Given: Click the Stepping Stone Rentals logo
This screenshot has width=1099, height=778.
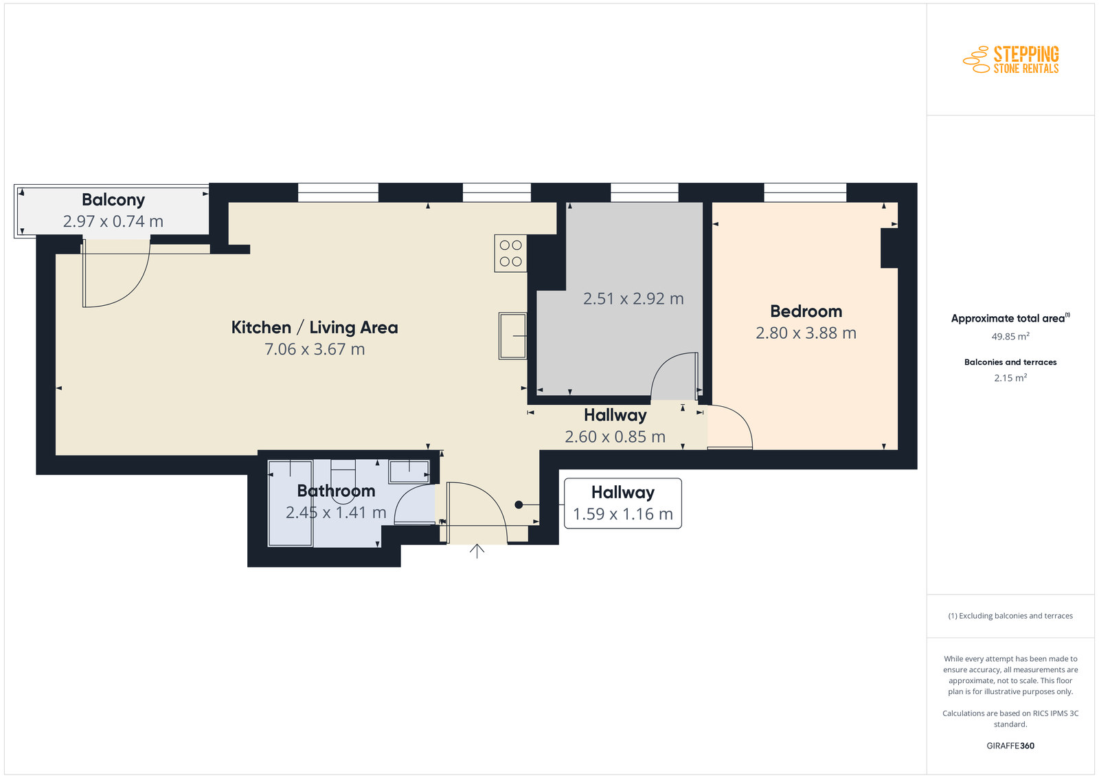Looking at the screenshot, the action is [x=1010, y=60].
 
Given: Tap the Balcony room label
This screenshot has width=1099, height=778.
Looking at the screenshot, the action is [x=113, y=200].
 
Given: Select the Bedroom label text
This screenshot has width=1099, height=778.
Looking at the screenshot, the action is [x=806, y=311].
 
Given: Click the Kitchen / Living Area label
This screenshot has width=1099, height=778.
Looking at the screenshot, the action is [x=315, y=327].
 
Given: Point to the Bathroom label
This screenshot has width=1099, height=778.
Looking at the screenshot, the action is [x=336, y=491].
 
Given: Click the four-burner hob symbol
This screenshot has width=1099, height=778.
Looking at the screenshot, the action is [x=511, y=254].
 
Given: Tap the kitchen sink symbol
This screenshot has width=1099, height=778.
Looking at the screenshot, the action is [x=512, y=336].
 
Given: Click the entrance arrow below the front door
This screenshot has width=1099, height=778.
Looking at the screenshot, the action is [x=477, y=551].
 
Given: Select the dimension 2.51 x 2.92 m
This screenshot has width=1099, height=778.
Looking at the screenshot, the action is [x=633, y=298].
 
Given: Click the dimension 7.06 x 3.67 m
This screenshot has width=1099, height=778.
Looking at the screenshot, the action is [x=315, y=349].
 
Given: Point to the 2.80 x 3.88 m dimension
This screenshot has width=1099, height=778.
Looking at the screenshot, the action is [x=806, y=333].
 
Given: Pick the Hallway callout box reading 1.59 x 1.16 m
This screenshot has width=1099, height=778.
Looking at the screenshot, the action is [x=622, y=503].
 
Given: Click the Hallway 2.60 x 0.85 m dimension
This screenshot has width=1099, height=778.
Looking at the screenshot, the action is [x=615, y=436].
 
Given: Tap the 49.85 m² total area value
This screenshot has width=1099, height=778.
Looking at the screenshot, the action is [x=1010, y=336].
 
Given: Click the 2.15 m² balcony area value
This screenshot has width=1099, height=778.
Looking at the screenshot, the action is [x=1010, y=377].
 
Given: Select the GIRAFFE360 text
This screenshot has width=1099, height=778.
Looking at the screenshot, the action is [x=1010, y=746].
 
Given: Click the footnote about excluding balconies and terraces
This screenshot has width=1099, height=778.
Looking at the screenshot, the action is [x=1010, y=616].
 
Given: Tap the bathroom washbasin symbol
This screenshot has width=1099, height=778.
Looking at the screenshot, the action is [x=409, y=471].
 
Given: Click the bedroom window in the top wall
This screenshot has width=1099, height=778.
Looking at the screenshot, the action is [x=805, y=192].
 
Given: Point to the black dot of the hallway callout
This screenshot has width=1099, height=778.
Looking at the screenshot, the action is [x=519, y=504].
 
